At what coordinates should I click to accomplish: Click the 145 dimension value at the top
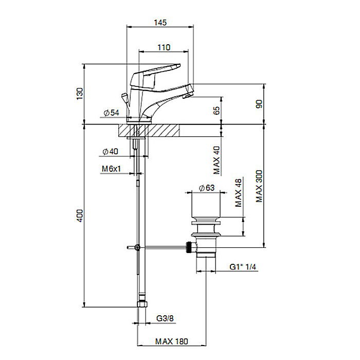point(160,23)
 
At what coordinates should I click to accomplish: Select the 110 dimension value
point(164,47)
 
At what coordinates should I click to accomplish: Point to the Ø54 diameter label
point(112,113)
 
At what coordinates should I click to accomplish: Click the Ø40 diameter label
point(110,152)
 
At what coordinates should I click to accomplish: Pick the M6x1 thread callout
point(111,169)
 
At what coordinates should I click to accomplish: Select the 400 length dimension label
point(80,215)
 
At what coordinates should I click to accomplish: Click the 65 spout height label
point(217,111)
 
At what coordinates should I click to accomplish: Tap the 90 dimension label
point(259,104)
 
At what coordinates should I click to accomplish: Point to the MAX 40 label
point(217,160)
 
